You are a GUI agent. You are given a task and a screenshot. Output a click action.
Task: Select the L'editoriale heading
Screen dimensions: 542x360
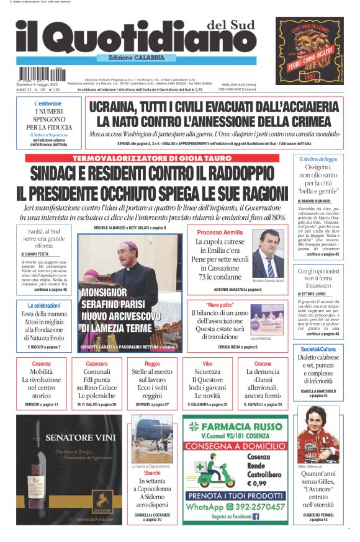48,104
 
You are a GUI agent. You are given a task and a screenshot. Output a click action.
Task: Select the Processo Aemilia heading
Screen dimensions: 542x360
216,231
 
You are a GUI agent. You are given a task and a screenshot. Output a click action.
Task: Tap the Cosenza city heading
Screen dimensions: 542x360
41,363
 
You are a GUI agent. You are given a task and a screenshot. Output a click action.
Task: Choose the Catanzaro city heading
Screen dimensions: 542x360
96,363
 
